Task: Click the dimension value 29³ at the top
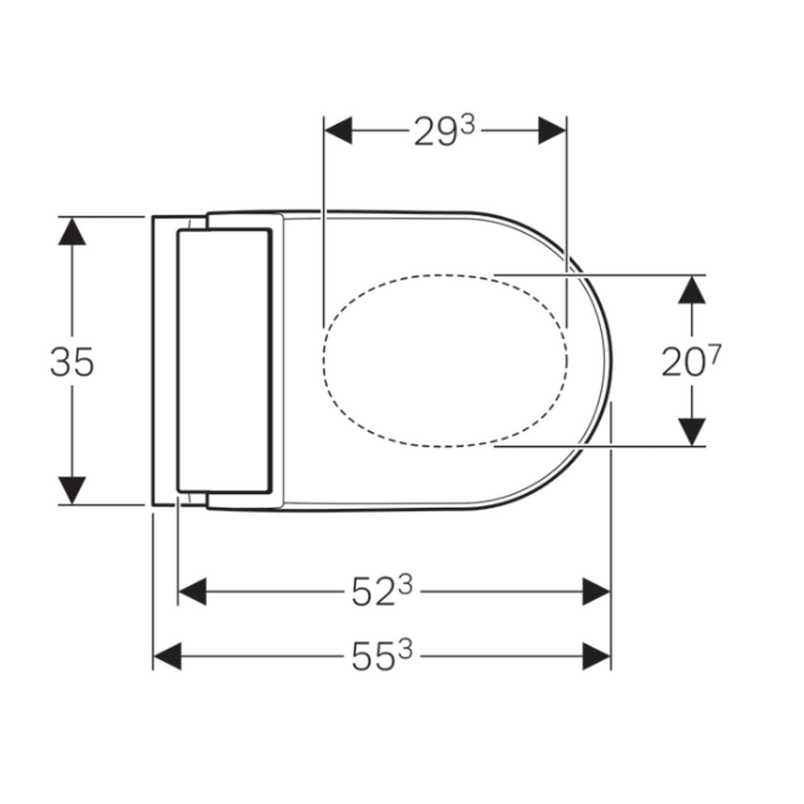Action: coord(444,131)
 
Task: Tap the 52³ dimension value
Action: coord(382,592)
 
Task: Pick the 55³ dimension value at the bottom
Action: coord(382,656)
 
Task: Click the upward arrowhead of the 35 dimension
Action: coord(72,230)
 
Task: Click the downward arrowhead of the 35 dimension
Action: coord(72,490)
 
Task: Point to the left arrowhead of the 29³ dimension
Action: coord(338,130)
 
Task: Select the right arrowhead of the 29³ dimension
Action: coord(552,130)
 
